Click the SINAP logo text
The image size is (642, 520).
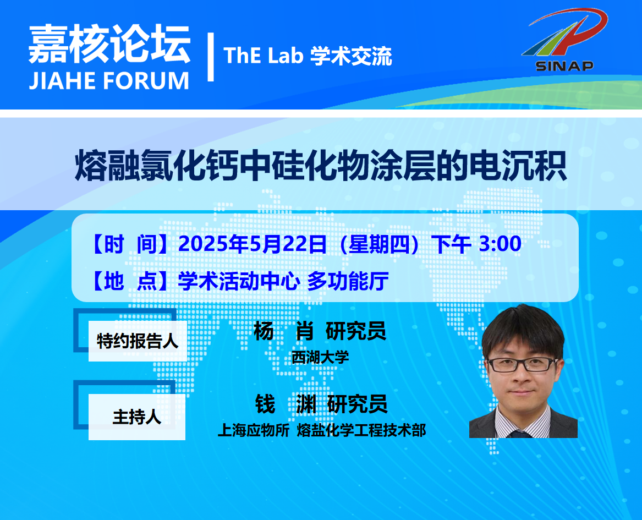(x=564, y=66)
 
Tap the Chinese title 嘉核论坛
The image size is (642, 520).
(x=109, y=44)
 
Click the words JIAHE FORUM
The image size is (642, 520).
(x=109, y=81)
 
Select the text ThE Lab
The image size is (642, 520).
(x=264, y=56)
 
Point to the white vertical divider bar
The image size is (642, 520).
(x=211, y=57)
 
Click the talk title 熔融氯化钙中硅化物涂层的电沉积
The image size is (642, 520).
(x=321, y=166)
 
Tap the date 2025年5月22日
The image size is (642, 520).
(x=252, y=244)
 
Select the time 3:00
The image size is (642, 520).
(x=500, y=244)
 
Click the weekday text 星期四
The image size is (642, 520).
(x=379, y=244)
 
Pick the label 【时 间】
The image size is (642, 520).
(x=129, y=244)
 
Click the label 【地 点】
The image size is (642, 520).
(x=129, y=281)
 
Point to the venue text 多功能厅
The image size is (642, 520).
(x=348, y=281)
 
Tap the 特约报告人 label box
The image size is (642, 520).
(x=138, y=341)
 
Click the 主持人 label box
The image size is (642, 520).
(x=137, y=417)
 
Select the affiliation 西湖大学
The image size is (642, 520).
(x=320, y=358)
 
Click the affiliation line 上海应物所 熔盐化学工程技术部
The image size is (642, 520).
(x=322, y=430)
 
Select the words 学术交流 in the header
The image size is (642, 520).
(x=352, y=56)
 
